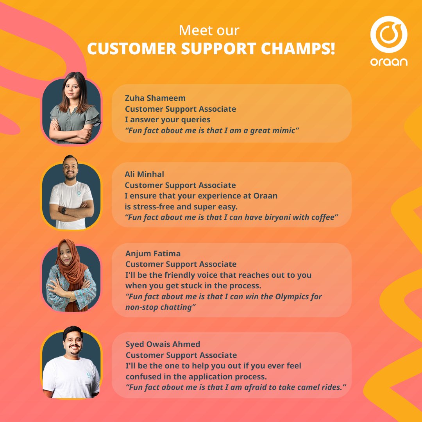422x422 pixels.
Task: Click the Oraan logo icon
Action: tap(389, 34)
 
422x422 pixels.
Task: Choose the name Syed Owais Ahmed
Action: tap(163, 344)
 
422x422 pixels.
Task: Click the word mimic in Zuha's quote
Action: tap(284, 131)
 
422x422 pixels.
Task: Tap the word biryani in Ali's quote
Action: tap(261, 218)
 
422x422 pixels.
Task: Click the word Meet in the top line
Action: tap(193, 31)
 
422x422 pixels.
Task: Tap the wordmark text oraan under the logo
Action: tap(389, 62)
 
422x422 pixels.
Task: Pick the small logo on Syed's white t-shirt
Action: tap(89, 375)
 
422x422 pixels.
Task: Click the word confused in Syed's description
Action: tap(144, 377)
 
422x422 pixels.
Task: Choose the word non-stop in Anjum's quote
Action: tap(141, 308)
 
